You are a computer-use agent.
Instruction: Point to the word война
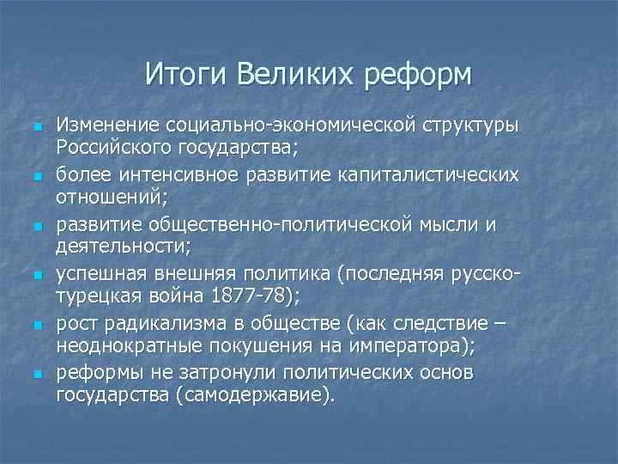(182, 296)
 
